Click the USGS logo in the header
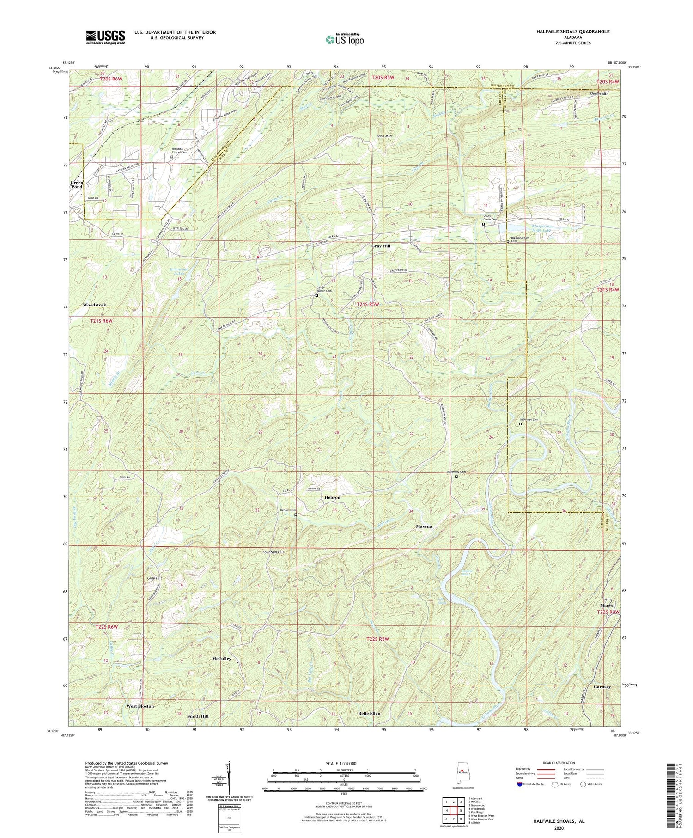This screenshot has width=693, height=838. pyautogui.click(x=105, y=37)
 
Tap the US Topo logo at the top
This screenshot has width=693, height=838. pyautogui.click(x=344, y=39)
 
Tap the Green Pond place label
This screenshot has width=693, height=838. pyautogui.click(x=77, y=184)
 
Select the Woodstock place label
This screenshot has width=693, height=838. pyautogui.click(x=95, y=305)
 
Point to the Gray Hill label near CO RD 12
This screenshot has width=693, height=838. pyautogui.click(x=381, y=246)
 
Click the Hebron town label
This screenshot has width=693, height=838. pyautogui.click(x=332, y=497)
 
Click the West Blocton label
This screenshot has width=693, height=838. pyautogui.click(x=140, y=706)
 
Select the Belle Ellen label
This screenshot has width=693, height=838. pyautogui.click(x=369, y=713)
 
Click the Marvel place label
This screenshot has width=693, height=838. pyautogui.click(x=608, y=606)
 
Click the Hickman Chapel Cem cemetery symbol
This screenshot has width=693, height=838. pyautogui.click(x=172, y=157)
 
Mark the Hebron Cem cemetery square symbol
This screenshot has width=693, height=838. pyautogui.click(x=296, y=514)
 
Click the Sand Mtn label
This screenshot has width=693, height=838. pyautogui.click(x=384, y=136)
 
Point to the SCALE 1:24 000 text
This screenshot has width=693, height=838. pyautogui.click(x=344, y=764)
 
